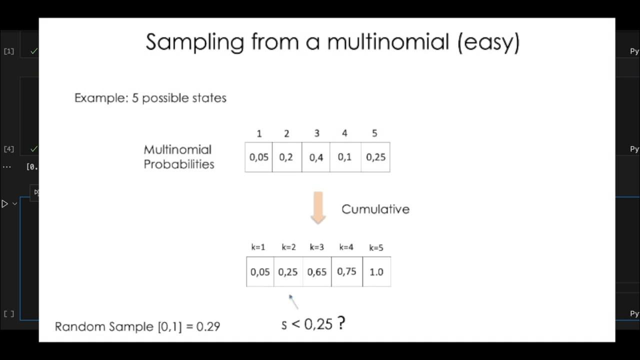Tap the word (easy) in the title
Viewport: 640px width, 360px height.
(x=488, y=42)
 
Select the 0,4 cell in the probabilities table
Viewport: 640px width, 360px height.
(x=316, y=157)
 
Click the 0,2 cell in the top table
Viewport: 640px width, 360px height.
(x=286, y=157)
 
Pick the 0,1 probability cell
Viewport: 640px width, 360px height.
(x=344, y=157)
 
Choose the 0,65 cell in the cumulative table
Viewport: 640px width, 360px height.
(x=317, y=272)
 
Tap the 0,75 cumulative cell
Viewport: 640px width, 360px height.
(x=346, y=271)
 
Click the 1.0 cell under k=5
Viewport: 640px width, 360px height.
(x=376, y=272)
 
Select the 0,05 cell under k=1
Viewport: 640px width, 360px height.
(x=260, y=272)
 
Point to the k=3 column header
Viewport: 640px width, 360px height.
(x=317, y=247)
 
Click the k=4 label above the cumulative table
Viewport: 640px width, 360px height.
(x=346, y=247)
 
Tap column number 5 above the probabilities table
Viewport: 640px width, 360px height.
(x=375, y=133)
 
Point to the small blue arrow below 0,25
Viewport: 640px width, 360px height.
(x=293, y=301)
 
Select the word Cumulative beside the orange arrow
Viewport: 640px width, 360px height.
(x=375, y=209)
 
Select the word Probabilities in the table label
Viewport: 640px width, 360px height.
(x=179, y=164)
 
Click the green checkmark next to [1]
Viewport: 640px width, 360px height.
(x=33, y=51)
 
